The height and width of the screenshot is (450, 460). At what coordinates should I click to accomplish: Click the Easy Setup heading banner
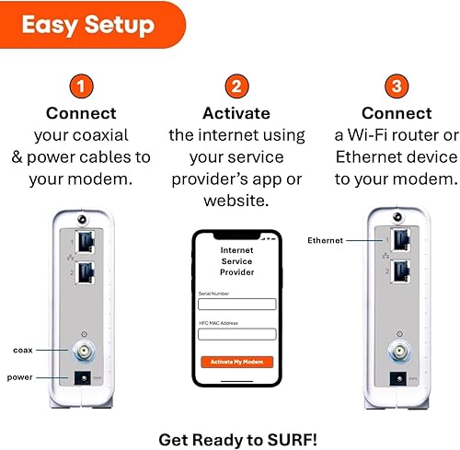87,24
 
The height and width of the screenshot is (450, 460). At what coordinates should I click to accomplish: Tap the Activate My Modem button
237,363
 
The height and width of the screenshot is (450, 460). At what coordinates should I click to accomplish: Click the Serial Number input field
237,304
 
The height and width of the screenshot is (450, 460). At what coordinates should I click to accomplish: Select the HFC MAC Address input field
237,334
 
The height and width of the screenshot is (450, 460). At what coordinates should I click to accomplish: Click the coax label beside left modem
23,350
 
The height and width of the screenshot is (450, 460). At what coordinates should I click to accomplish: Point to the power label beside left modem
21,376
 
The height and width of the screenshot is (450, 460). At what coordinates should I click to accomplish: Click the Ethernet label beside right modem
326,240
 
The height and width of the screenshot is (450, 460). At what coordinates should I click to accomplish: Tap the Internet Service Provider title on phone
237,260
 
